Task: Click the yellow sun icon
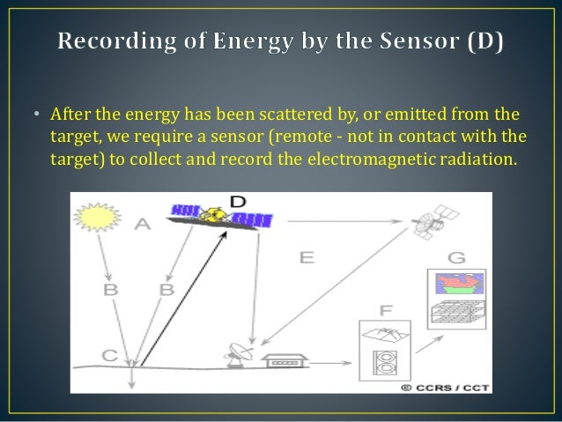(x=98, y=216)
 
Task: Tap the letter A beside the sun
(x=142, y=226)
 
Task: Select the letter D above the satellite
(x=237, y=202)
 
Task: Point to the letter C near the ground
(x=109, y=355)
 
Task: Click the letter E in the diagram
(x=307, y=257)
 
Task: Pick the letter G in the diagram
(x=455, y=258)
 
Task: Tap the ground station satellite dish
(x=239, y=353)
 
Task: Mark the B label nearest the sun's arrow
(x=110, y=289)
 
